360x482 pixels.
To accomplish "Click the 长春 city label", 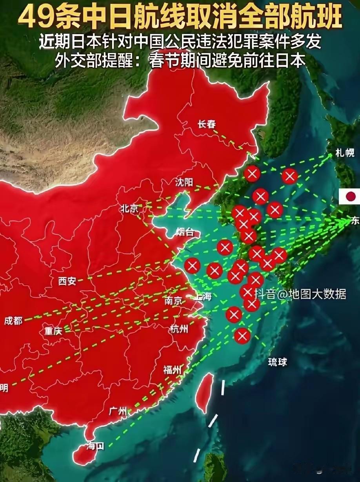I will (207, 124).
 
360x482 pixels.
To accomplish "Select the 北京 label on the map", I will (129, 209).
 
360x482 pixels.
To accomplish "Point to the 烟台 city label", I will (185, 232).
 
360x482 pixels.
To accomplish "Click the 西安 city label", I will (67, 281).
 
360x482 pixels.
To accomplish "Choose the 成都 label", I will (13, 320).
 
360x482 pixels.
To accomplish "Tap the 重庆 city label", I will (53, 331).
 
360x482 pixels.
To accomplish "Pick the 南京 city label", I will (174, 301).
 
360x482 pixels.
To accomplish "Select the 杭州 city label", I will (179, 329).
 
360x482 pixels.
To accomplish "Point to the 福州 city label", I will (173, 370).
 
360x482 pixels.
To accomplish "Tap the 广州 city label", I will (118, 411).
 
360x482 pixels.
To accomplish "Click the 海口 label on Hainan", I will (95, 446).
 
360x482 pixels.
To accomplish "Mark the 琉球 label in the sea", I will (278, 362).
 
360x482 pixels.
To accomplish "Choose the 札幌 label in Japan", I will (345, 153).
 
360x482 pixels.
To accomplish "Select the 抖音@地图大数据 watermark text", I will (300, 294).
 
